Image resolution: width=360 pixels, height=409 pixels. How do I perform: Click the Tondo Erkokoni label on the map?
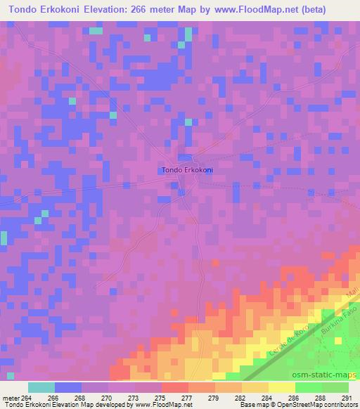(x=188, y=169)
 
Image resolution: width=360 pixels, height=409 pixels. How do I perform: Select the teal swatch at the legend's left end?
(x=41, y=387)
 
